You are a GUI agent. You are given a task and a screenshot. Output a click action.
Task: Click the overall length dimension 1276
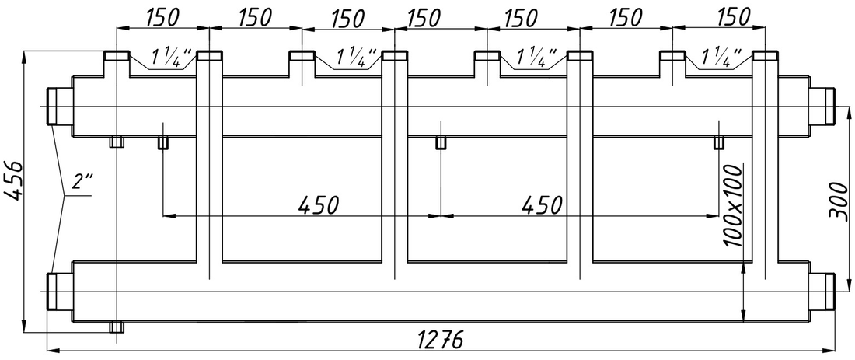(x=440, y=339)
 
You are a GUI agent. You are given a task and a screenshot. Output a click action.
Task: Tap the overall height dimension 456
(x=12, y=180)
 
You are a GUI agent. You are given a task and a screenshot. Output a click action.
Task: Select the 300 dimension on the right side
(x=839, y=200)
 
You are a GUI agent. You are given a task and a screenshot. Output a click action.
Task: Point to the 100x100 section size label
(x=735, y=204)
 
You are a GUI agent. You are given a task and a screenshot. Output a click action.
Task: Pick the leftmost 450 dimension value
(x=319, y=204)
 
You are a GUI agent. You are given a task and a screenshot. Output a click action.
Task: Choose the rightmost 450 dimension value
(x=542, y=204)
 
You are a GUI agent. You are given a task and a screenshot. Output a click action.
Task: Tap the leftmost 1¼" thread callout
(x=171, y=56)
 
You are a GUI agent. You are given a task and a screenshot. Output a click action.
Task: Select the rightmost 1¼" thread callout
(x=721, y=56)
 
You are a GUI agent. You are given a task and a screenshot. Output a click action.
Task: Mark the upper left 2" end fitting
(x=59, y=106)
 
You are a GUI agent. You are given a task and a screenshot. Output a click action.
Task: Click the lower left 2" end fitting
(x=59, y=292)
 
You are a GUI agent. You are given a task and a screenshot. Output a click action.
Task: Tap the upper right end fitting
(x=822, y=106)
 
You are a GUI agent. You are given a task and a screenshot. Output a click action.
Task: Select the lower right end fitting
(x=822, y=292)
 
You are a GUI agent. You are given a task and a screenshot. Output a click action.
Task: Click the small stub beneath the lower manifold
(x=117, y=327)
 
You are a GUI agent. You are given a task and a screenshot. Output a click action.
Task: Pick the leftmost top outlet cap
(x=117, y=56)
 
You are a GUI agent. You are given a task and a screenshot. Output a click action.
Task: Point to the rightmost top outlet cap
(x=766, y=56)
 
